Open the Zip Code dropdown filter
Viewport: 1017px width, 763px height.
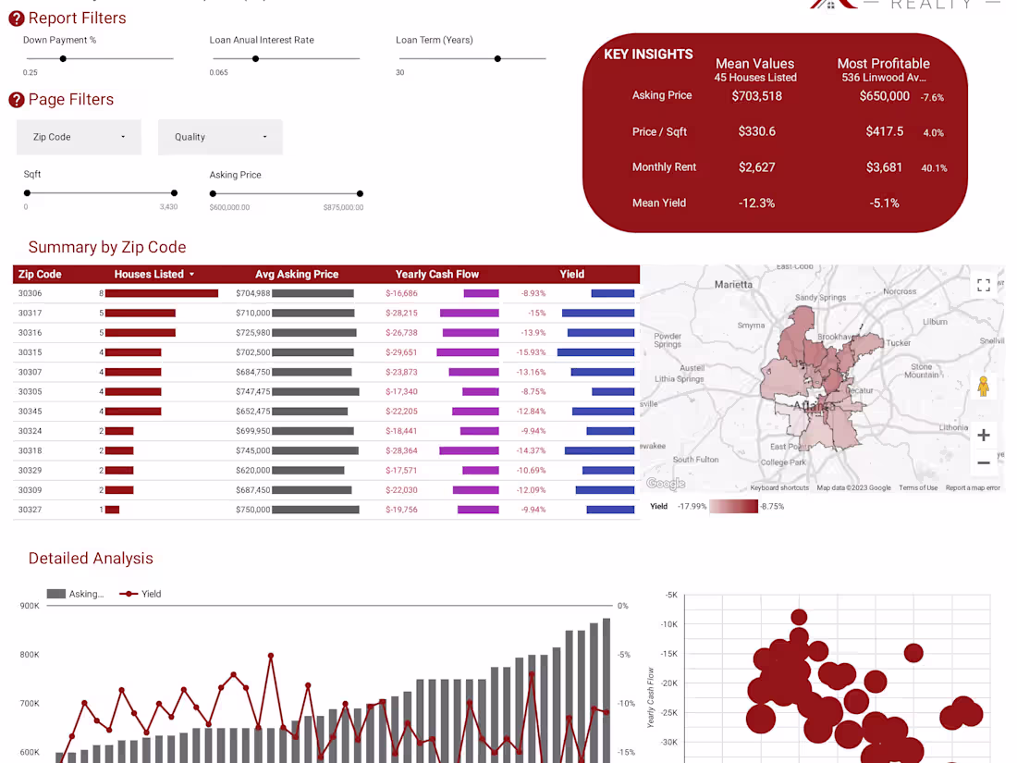pos(79,137)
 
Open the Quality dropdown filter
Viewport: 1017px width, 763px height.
pos(220,137)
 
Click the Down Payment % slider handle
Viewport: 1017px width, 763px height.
pos(63,58)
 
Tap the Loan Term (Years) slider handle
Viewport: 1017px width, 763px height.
pos(497,58)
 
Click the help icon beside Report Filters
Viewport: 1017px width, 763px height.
pos(17,18)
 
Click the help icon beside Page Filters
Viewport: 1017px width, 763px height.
pos(17,100)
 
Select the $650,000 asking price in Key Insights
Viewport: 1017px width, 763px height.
pos(884,96)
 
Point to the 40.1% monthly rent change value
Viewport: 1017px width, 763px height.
pos(934,168)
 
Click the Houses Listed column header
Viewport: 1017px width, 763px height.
pos(153,275)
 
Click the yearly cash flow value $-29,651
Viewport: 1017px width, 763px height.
pos(401,352)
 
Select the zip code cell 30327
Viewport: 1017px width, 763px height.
pos(31,510)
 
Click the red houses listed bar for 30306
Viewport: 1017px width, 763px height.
pos(162,293)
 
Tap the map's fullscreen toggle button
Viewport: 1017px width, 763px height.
pos(984,285)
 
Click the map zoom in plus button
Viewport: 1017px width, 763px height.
pos(984,435)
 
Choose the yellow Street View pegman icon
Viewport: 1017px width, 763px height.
pos(983,387)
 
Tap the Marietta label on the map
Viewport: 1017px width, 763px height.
pos(734,284)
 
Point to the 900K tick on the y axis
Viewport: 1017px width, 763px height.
pos(30,606)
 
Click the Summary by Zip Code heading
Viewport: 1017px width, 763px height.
pos(107,247)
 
